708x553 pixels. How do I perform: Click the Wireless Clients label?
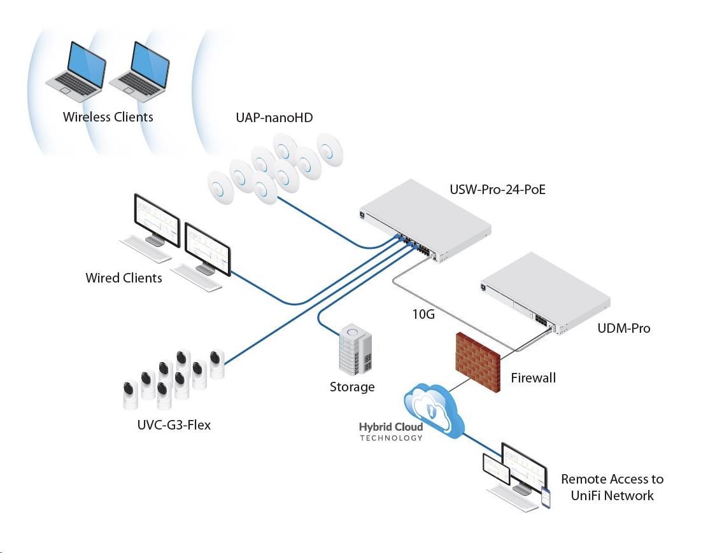(108, 117)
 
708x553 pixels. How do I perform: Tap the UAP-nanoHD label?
(274, 118)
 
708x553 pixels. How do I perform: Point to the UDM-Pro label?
(624, 328)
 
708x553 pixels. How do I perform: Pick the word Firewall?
(534, 377)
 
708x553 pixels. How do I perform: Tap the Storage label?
(352, 386)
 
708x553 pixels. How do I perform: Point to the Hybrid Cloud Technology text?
(391, 431)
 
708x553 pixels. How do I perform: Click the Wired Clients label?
(124, 278)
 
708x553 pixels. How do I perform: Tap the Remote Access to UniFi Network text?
(611, 487)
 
